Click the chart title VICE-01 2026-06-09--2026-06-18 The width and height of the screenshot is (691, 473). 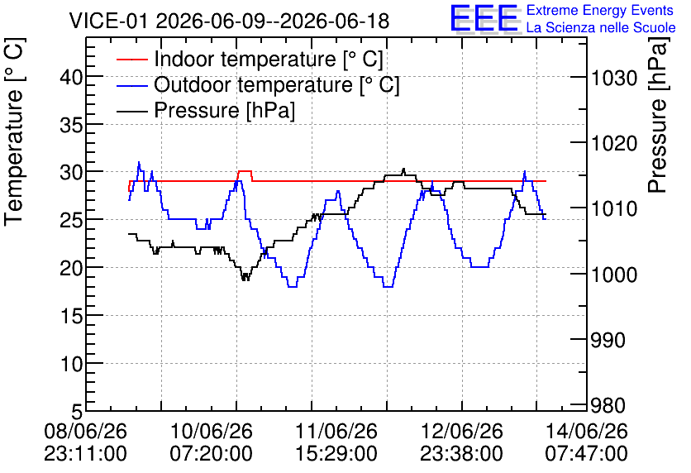229,21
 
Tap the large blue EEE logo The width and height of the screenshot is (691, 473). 484,18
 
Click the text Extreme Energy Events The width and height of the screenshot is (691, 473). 600,10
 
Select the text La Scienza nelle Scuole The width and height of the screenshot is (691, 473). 601,28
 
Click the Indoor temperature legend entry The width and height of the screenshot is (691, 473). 250,59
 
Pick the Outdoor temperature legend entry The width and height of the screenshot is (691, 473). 258,84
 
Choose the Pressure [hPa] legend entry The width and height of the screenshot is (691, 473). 206,110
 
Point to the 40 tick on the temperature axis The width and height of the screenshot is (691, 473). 71,78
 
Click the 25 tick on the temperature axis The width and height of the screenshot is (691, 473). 71,220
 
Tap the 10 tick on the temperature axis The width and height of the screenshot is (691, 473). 71,364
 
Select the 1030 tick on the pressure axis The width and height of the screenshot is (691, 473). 614,79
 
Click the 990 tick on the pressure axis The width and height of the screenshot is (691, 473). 608,340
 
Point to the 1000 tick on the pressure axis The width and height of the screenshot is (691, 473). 614,275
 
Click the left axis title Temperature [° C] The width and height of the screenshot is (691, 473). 15,132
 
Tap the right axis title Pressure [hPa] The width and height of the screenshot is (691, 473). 657,115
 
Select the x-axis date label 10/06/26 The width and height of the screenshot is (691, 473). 212,431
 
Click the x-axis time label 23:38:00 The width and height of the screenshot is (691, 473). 461,454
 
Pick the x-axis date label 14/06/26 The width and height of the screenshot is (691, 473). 587,431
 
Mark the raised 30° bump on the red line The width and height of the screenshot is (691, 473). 245,171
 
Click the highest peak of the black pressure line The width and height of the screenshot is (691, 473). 403,169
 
